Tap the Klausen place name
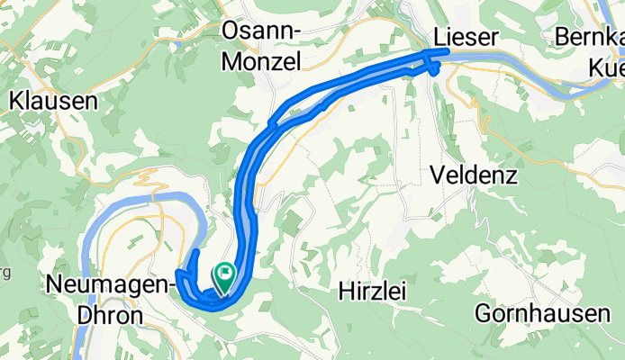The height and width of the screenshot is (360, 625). (53, 101)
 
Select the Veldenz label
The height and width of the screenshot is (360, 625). (474, 175)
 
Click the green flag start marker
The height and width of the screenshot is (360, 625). (222, 275)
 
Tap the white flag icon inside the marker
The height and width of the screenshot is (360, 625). (222, 272)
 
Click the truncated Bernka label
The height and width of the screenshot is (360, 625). (589, 39)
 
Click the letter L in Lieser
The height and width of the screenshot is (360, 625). (439, 37)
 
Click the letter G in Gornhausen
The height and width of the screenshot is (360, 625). (483, 315)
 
